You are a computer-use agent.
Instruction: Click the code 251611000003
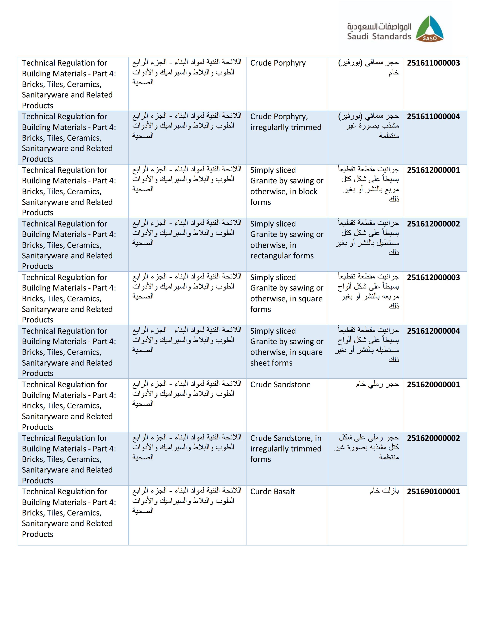[x=433, y=63]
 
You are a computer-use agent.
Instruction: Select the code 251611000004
[x=433, y=116]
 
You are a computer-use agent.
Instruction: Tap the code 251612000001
[x=433, y=170]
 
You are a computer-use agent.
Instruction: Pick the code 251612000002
[x=433, y=224]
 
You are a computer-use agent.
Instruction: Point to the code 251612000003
[x=433, y=277]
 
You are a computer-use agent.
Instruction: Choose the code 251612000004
[x=433, y=331]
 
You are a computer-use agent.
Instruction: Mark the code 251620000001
[x=433, y=384]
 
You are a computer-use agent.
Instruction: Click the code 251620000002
[x=433, y=438]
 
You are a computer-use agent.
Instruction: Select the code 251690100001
[x=433, y=492]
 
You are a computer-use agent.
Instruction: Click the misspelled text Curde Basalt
[x=272, y=492]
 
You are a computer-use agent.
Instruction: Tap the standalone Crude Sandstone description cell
[x=280, y=384]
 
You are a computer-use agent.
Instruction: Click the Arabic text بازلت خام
[x=384, y=491]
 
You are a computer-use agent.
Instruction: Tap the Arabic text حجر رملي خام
[x=377, y=384]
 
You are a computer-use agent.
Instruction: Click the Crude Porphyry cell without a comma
[x=278, y=63]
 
